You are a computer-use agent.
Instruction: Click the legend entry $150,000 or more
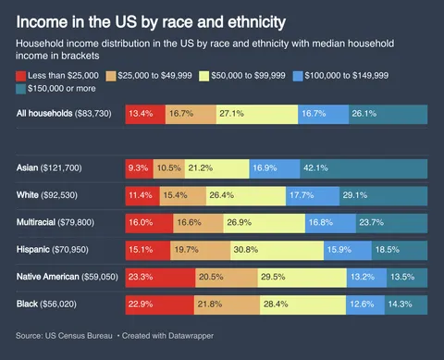[61, 88]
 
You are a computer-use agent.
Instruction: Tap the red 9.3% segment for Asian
[139, 168]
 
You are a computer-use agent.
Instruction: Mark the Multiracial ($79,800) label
[58, 222]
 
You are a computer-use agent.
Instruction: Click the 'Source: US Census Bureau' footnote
[65, 334]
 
